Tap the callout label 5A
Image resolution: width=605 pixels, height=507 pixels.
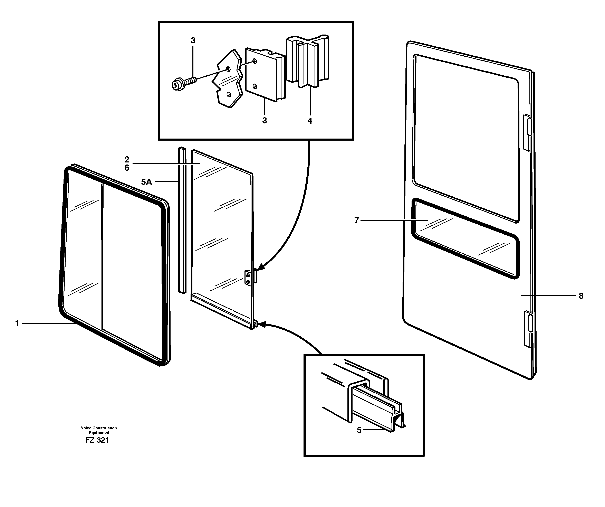[x=146, y=182]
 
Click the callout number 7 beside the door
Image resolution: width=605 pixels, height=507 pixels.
[x=357, y=220]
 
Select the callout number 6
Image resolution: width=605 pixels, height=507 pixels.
[x=127, y=168]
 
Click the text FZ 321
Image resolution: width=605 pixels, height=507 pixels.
[x=97, y=440]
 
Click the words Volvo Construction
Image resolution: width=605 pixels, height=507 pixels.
[x=99, y=428]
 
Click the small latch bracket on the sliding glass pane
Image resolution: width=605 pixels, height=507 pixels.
[x=248, y=278]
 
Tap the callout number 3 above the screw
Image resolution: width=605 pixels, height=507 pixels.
[x=193, y=41]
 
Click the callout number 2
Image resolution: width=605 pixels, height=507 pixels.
[x=127, y=159]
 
